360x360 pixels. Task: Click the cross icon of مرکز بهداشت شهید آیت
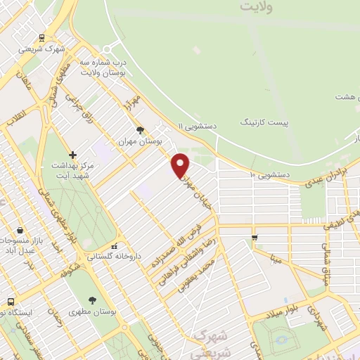pos(72,154)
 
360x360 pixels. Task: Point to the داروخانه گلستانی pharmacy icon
pos(114,246)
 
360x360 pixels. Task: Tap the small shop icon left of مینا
pos(255,237)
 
